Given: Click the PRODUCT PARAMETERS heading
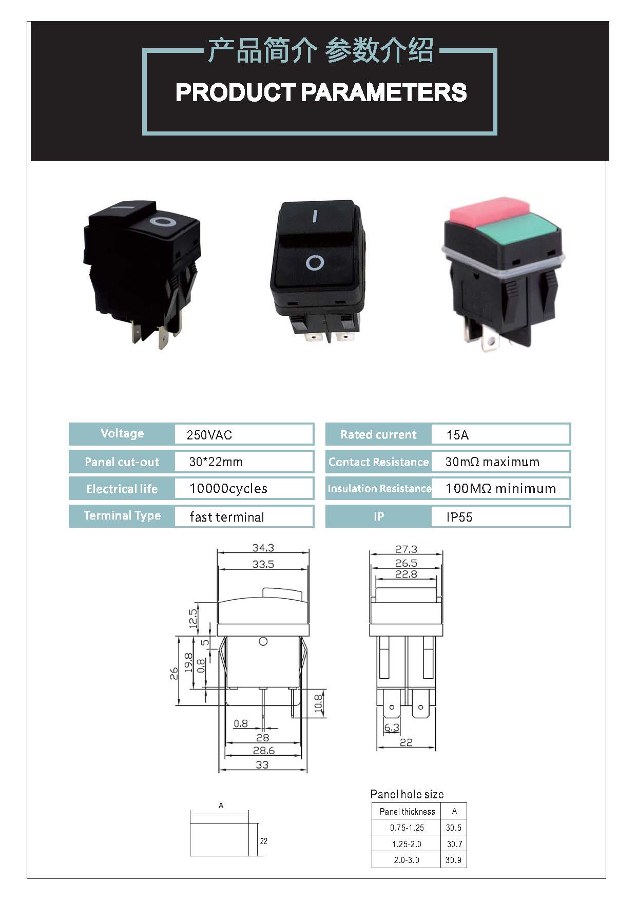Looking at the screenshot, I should click(321, 92).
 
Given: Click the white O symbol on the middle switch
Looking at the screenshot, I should click(315, 263).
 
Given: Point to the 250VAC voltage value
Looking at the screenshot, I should click(209, 435).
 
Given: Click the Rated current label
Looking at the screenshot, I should click(378, 435).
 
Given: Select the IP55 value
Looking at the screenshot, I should click(459, 517).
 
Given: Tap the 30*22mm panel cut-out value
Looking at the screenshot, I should click(216, 462).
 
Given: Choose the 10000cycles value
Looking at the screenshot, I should click(228, 489).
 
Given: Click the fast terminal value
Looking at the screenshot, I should click(226, 517).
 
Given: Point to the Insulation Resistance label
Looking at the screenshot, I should click(379, 489).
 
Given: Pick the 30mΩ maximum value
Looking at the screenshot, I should click(492, 462).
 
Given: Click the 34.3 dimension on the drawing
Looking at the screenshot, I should click(263, 548).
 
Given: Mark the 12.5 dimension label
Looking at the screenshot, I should click(193, 619).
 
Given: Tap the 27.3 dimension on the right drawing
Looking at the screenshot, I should click(406, 549).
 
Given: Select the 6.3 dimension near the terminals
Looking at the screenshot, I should click(391, 727).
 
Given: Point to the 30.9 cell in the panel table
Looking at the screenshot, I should click(453, 860).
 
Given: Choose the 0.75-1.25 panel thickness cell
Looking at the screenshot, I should click(407, 828).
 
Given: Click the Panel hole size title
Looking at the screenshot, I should click(407, 794).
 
